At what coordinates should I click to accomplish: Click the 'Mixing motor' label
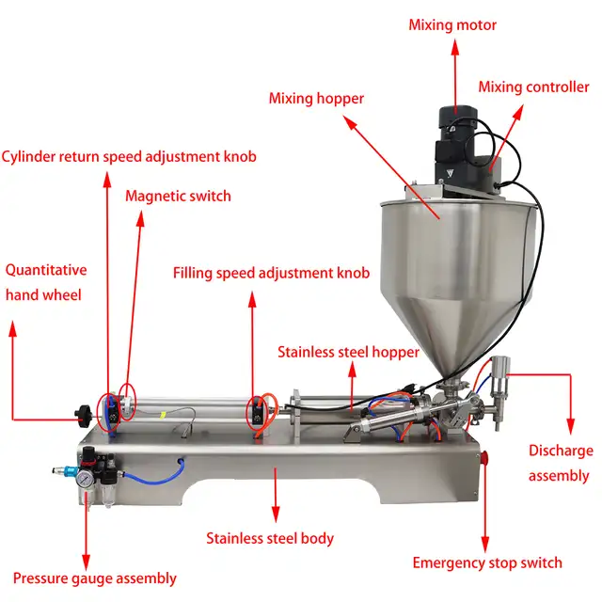click(451, 24)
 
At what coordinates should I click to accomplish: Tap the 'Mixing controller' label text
click(533, 87)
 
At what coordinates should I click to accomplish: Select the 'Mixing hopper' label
click(316, 98)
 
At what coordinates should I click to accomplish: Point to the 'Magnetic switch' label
click(178, 196)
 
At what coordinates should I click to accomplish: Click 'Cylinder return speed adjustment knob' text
click(129, 156)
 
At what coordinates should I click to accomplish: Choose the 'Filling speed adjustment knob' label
click(271, 274)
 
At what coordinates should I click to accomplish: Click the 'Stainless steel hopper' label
click(348, 352)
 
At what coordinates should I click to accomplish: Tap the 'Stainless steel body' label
click(270, 539)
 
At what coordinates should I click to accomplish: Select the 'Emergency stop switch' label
click(487, 562)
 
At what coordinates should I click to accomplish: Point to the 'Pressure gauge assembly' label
click(94, 578)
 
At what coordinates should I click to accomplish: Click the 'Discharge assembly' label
click(560, 463)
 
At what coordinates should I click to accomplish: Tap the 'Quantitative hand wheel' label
click(44, 282)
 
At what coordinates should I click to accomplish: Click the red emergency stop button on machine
click(487, 458)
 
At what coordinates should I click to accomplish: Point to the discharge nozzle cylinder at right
click(500, 376)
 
